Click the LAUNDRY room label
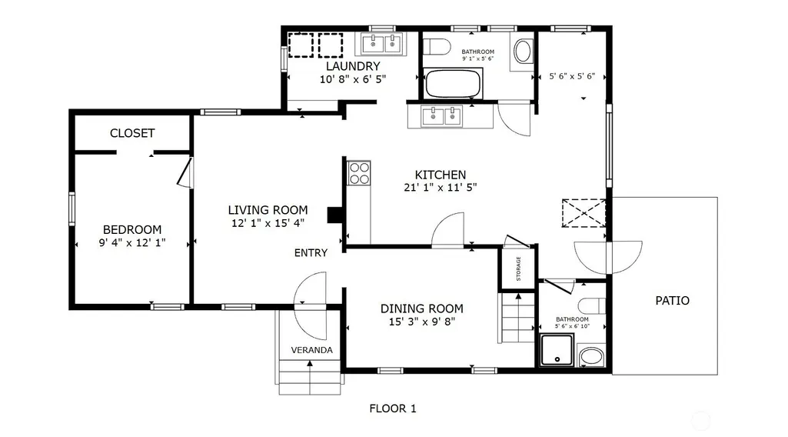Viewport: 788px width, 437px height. pos(353,66)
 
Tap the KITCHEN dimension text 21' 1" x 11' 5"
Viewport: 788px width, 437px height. pos(441,188)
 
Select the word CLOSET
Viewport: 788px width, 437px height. pos(132,133)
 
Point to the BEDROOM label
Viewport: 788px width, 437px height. pos(132,230)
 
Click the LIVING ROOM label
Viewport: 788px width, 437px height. pos(268,210)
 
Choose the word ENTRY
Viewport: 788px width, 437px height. pos(311,253)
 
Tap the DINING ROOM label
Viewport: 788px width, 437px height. pos(421,309)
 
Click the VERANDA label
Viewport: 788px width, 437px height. pos(311,350)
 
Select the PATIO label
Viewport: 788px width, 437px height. pos(673,301)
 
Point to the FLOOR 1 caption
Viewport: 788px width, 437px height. pos(393,409)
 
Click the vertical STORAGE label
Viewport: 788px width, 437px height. pos(519,269)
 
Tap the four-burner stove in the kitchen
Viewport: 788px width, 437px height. pos(359,173)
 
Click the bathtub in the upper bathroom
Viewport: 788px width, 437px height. pos(454,84)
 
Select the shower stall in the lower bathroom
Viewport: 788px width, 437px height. pos(557,350)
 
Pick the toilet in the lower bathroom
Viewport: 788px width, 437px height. pos(591,305)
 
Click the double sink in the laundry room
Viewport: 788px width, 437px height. pos(382,44)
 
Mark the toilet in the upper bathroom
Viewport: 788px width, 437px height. pos(436,47)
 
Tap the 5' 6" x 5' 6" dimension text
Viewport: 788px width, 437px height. pos(572,76)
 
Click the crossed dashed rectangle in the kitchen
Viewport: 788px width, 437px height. pos(584,213)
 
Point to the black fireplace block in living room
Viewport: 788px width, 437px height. pos(335,215)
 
